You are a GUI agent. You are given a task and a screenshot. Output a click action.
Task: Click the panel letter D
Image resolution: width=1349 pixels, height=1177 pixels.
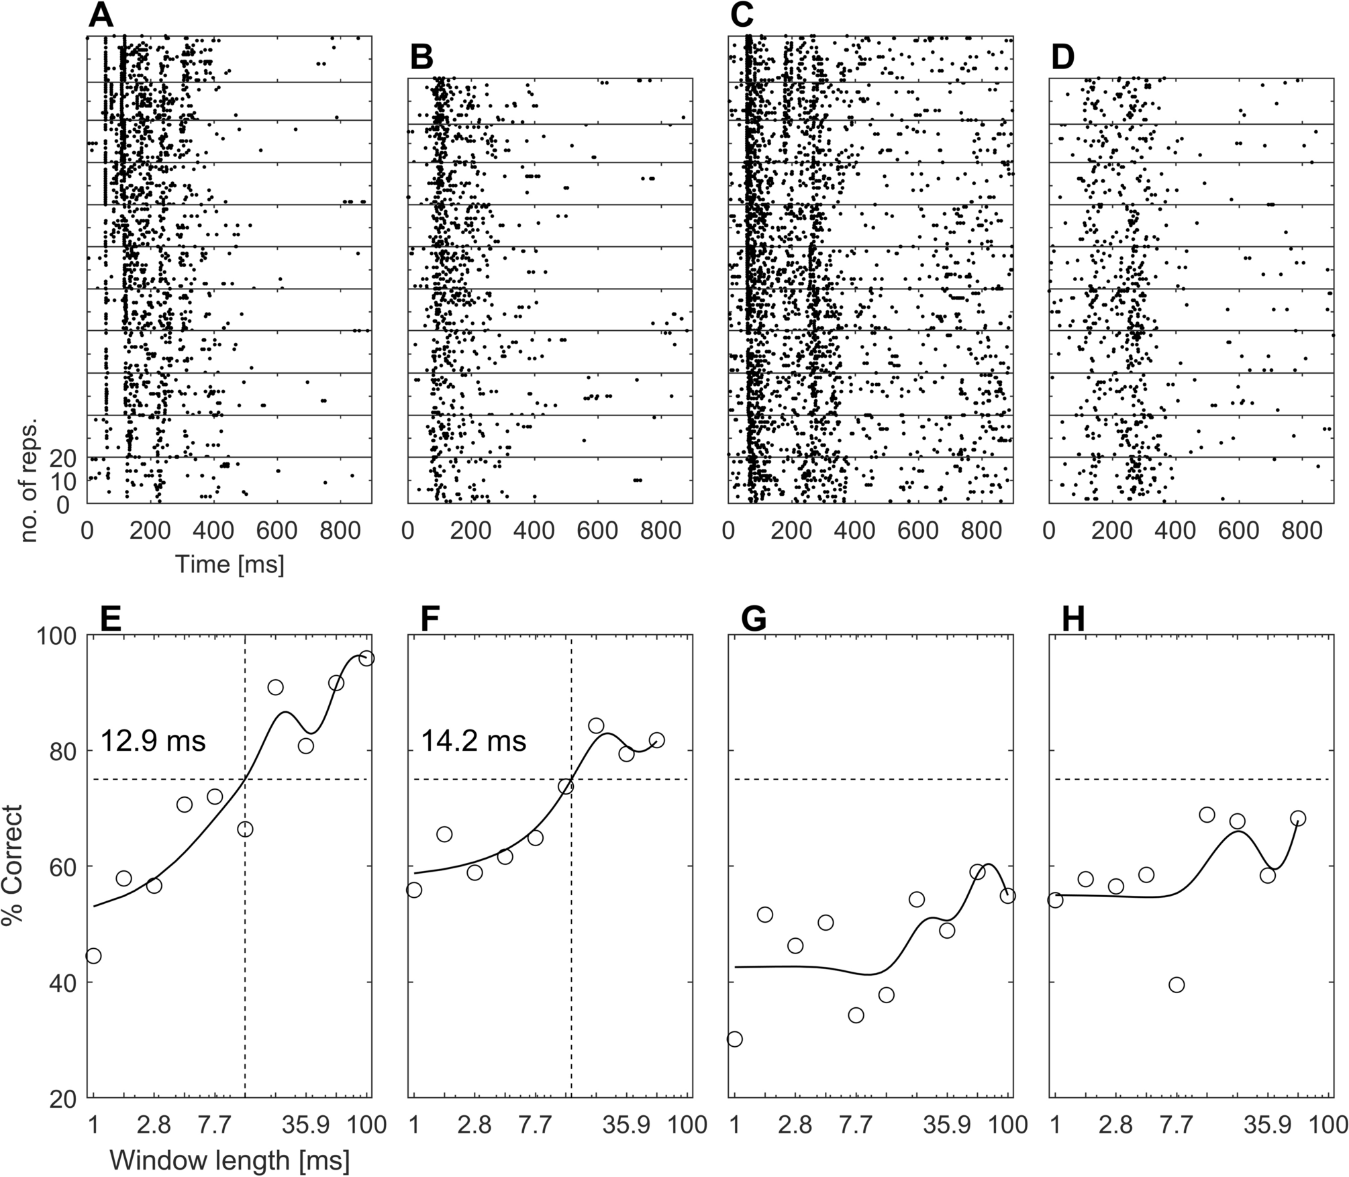[1063, 59]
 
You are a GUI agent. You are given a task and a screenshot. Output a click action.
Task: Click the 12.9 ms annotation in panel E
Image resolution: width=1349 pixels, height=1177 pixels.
[153, 742]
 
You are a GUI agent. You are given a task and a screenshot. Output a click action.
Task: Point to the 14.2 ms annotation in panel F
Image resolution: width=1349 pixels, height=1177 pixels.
[474, 742]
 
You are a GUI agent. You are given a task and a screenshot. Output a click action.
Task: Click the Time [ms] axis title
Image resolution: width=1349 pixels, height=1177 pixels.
[230, 564]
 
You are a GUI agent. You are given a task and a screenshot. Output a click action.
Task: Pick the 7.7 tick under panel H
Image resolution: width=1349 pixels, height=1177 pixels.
[1176, 1124]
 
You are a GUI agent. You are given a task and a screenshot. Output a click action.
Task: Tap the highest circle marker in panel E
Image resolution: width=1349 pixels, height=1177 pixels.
[366, 658]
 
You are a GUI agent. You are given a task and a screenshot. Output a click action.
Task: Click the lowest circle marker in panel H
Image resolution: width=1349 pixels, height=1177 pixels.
[1176, 985]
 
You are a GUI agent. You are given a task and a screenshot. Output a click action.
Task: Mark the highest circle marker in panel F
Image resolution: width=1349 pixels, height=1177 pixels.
[596, 725]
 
